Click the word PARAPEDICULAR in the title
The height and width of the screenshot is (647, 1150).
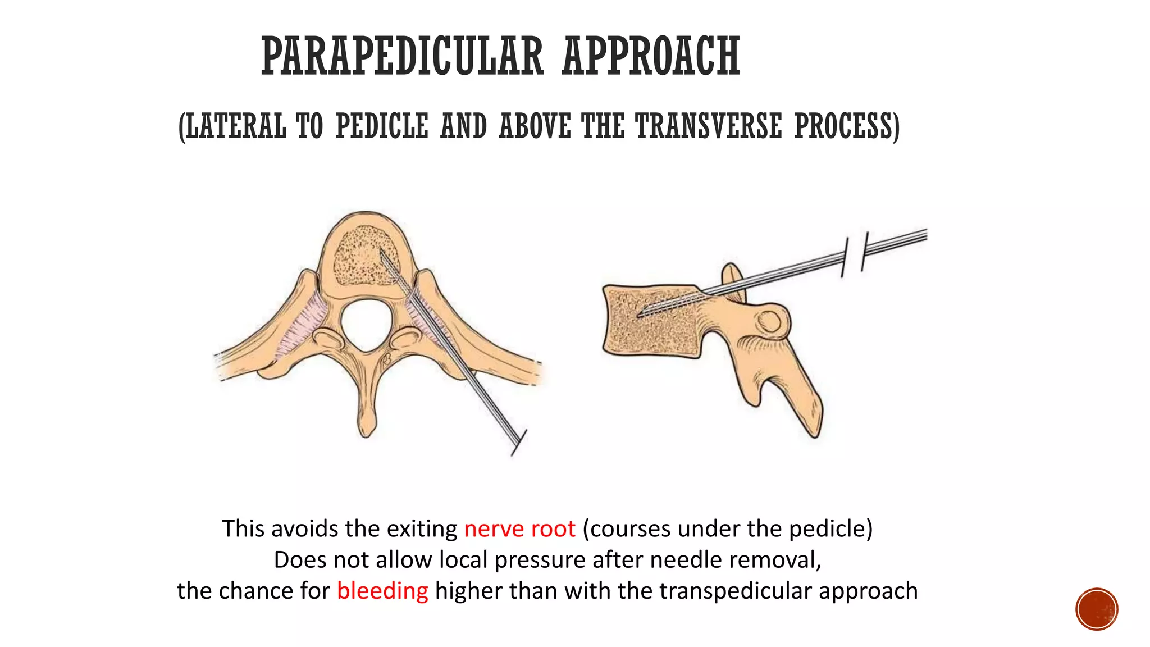[402, 56]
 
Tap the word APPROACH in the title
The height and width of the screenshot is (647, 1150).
[651, 56]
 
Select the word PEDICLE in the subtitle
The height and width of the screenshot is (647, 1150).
[382, 126]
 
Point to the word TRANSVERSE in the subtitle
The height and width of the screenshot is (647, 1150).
[709, 126]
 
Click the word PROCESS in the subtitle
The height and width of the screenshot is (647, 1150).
[847, 126]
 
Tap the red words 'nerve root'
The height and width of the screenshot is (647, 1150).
[519, 529]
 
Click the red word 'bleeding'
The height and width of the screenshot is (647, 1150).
[382, 591]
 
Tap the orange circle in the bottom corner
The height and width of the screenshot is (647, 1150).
[1097, 609]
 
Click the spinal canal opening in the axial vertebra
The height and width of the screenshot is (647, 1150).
[366, 325]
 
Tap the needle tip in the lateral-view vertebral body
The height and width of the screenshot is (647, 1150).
[640, 315]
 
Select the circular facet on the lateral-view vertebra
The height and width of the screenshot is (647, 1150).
[768, 322]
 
